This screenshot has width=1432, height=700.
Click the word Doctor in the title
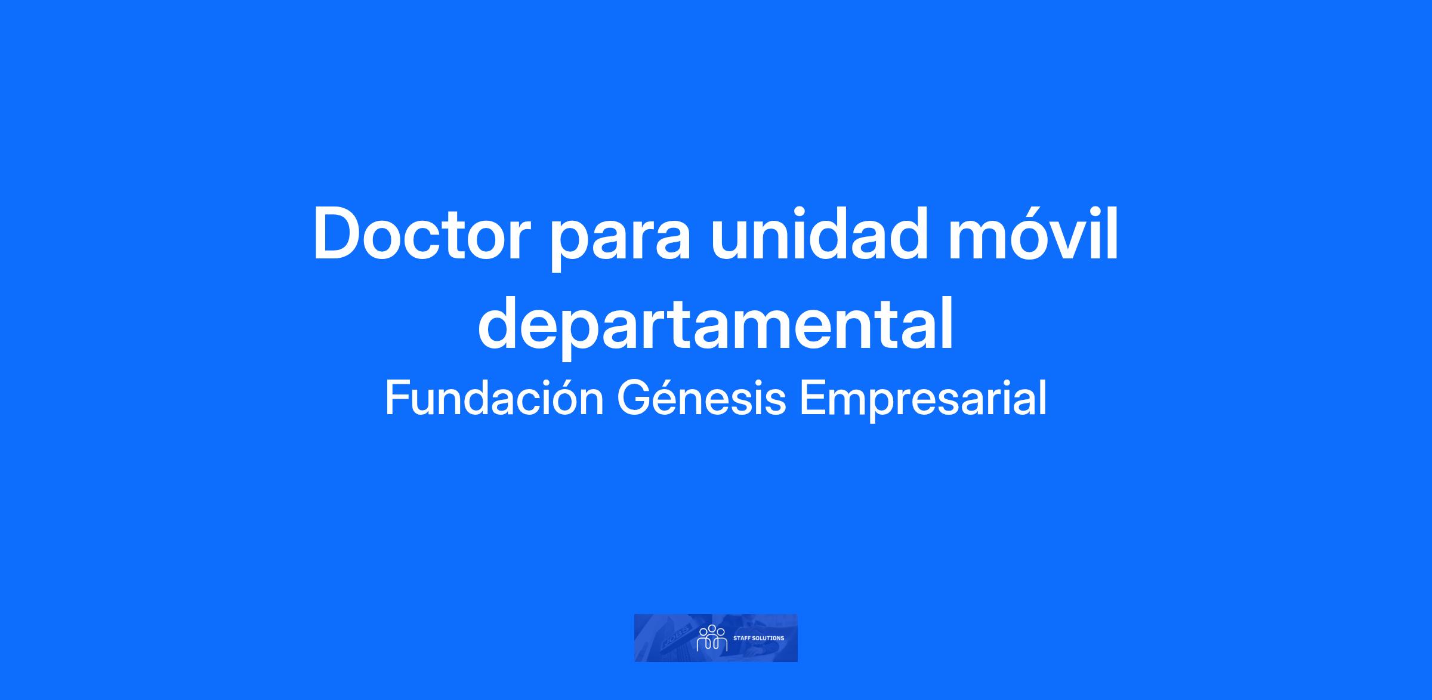pyautogui.click(x=422, y=234)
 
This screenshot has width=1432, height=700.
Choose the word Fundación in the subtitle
pyautogui.click(x=495, y=398)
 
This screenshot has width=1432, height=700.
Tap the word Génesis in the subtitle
pyautogui.click(x=701, y=398)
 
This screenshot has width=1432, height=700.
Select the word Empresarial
pyautogui.click(x=923, y=401)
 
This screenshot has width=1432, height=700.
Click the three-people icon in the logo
pyautogui.click(x=712, y=638)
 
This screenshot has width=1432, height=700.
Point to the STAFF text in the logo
pyautogui.click(x=740, y=638)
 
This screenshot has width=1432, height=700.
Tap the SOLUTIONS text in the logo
pyautogui.click(x=767, y=638)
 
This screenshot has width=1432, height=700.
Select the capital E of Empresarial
pyautogui.click(x=811, y=399)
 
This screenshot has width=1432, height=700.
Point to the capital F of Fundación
pyautogui.click(x=396, y=399)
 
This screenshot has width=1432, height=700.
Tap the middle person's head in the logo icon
pyautogui.click(x=712, y=628)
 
